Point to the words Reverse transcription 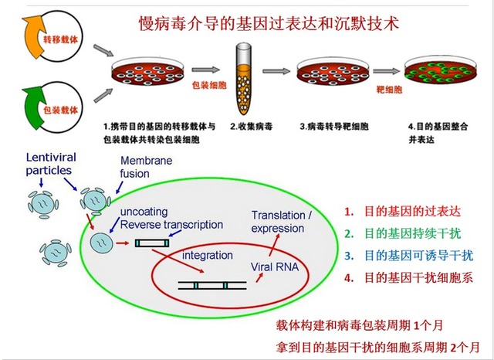pyautogui.click(x=171, y=225)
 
